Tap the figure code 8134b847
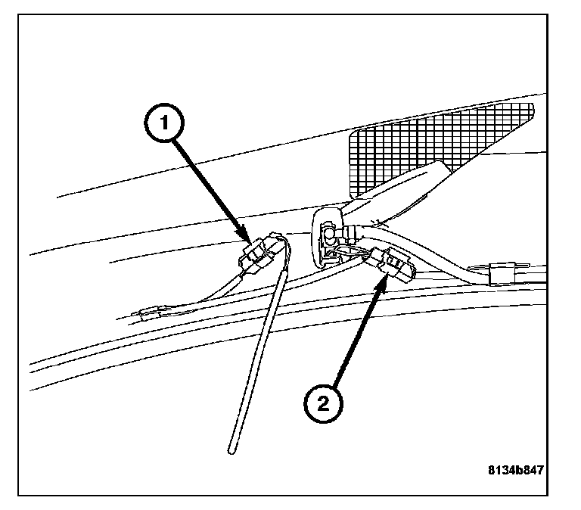pos(515,469)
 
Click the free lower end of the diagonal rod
pos(230,452)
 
